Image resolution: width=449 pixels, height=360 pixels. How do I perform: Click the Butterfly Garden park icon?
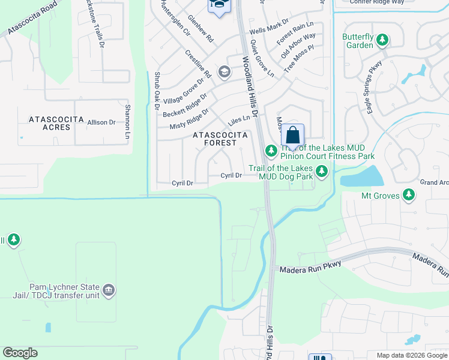pyautogui.click(x=382, y=41)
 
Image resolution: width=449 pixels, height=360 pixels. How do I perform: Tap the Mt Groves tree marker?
pyautogui.click(x=409, y=195)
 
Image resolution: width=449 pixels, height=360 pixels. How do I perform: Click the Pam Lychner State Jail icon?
pyautogui.click(x=109, y=291)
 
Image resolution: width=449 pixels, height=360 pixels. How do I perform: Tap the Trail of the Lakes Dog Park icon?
pyautogui.click(x=322, y=173)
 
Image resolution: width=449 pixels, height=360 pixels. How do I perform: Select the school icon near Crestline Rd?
pyautogui.click(x=224, y=73)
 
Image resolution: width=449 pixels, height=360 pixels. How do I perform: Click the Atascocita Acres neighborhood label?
pyautogui.click(x=56, y=124)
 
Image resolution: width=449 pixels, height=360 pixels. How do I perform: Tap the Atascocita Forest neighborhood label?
pyautogui.click(x=219, y=139)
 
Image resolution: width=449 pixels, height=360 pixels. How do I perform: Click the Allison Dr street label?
pyautogui.click(x=101, y=122)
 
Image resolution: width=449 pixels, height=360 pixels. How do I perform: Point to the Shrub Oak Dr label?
pyautogui.click(x=157, y=91)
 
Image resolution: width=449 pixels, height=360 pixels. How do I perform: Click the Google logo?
pyautogui.click(x=20, y=353)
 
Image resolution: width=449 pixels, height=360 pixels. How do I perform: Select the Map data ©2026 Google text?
pyautogui.click(x=411, y=355)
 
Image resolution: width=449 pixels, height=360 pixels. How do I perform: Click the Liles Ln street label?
pyautogui.click(x=238, y=121)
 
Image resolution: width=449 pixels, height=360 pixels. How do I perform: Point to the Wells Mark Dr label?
pyautogui.click(x=269, y=29)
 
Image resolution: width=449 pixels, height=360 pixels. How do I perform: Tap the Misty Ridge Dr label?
pyautogui.click(x=188, y=118)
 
